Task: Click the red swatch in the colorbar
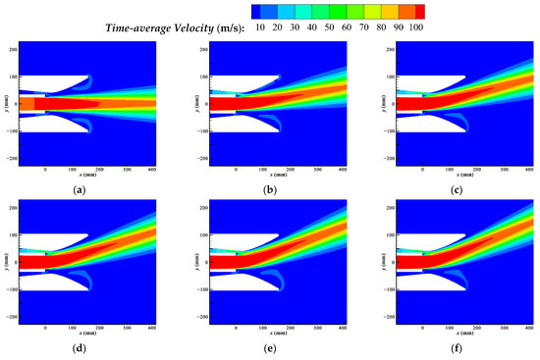pyautogui.click(x=420, y=11)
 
